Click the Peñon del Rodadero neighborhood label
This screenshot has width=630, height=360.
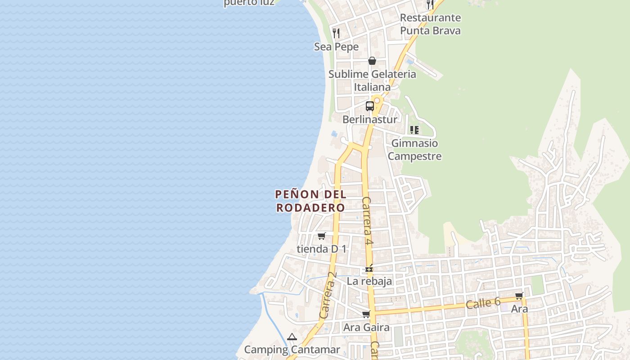[x=310, y=201]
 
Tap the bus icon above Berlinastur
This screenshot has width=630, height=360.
[x=370, y=106]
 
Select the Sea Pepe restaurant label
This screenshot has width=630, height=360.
[x=337, y=47]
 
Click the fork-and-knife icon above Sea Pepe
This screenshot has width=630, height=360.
[x=336, y=33]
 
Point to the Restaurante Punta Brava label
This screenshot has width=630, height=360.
[x=430, y=24]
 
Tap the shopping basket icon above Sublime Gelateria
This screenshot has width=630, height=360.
[x=372, y=61]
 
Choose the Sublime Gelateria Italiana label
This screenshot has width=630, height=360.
[x=372, y=81]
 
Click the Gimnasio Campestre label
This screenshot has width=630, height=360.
[x=414, y=150]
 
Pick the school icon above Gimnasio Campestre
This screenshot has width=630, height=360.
[x=414, y=130]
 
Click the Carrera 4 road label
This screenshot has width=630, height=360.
[x=367, y=220]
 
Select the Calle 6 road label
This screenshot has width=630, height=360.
[x=483, y=303]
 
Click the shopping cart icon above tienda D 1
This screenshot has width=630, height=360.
[x=321, y=236]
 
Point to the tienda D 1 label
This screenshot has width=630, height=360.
[x=322, y=249]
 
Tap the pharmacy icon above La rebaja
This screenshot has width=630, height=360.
[x=369, y=269]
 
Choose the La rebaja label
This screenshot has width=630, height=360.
[x=369, y=281]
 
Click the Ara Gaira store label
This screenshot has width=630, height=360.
[x=366, y=327]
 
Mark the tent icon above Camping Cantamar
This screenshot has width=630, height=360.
[x=292, y=337]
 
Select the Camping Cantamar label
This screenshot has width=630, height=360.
[x=292, y=350]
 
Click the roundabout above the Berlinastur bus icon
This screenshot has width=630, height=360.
[x=377, y=100]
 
